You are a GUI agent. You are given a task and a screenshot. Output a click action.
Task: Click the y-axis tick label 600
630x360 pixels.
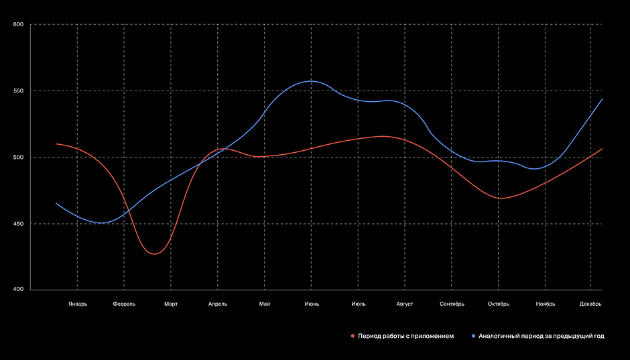pos(18,25)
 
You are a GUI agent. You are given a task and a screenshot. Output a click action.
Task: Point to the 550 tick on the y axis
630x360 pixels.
pos(18,91)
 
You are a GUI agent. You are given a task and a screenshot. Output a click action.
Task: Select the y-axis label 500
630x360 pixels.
pos(18,158)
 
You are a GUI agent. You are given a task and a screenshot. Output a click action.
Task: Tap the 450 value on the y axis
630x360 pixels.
pos(18,224)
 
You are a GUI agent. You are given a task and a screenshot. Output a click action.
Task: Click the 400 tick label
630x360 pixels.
pos(18,290)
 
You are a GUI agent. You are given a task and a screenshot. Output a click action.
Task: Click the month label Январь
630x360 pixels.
pos(78,304)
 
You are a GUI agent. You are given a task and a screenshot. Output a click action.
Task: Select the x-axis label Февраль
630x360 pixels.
pos(124,304)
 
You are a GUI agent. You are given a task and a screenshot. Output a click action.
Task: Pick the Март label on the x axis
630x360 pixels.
pos(171,304)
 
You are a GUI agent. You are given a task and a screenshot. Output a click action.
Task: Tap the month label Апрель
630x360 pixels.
pos(218,304)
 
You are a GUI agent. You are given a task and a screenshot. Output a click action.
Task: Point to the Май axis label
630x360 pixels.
pos(265,304)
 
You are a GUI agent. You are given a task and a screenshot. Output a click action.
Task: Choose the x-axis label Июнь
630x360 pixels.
pos(312,304)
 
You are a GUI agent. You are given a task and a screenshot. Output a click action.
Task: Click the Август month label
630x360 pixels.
pos(405,304)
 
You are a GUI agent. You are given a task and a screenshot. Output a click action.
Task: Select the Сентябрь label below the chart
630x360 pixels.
pos(452,304)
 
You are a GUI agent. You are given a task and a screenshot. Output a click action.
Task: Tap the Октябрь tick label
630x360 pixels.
pos(499,304)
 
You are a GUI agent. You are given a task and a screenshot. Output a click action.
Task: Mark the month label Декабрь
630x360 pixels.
pos(590,304)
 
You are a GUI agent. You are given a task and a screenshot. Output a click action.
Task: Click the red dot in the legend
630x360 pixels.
pos(353,336)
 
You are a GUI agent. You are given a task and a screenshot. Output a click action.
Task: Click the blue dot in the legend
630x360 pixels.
pos(473,336)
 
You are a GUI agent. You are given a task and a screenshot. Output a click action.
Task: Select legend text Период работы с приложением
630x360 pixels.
pos(406,336)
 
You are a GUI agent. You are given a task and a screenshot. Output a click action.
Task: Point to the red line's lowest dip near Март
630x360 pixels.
pos(154,254)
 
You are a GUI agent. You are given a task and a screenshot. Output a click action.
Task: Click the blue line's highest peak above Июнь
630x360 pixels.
pos(310,81)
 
